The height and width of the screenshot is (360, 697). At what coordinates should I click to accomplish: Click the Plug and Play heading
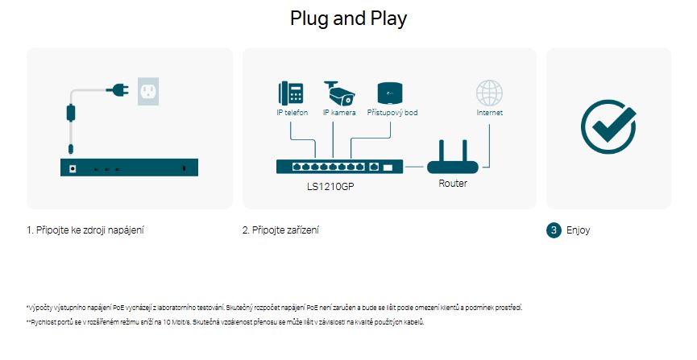point(348,19)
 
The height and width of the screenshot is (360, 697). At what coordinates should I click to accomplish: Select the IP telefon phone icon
point(289,93)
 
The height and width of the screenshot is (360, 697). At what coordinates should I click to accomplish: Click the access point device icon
point(390,93)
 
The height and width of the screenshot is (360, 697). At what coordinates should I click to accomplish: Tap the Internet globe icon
point(489,93)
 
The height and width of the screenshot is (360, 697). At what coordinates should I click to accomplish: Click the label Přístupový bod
point(392,113)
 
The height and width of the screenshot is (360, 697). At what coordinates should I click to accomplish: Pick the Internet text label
point(489,113)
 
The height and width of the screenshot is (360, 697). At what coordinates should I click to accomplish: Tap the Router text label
point(453,184)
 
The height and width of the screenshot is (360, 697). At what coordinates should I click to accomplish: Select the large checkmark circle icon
point(608,127)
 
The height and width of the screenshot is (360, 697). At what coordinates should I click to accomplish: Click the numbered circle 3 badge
point(554,230)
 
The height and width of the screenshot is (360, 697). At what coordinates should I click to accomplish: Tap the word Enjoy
point(579,230)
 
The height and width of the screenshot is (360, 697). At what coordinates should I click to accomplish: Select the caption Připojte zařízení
point(280,230)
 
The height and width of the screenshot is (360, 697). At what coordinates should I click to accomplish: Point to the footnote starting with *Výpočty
point(274,307)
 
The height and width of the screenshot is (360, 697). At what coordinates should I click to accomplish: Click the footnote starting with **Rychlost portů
point(225,322)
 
